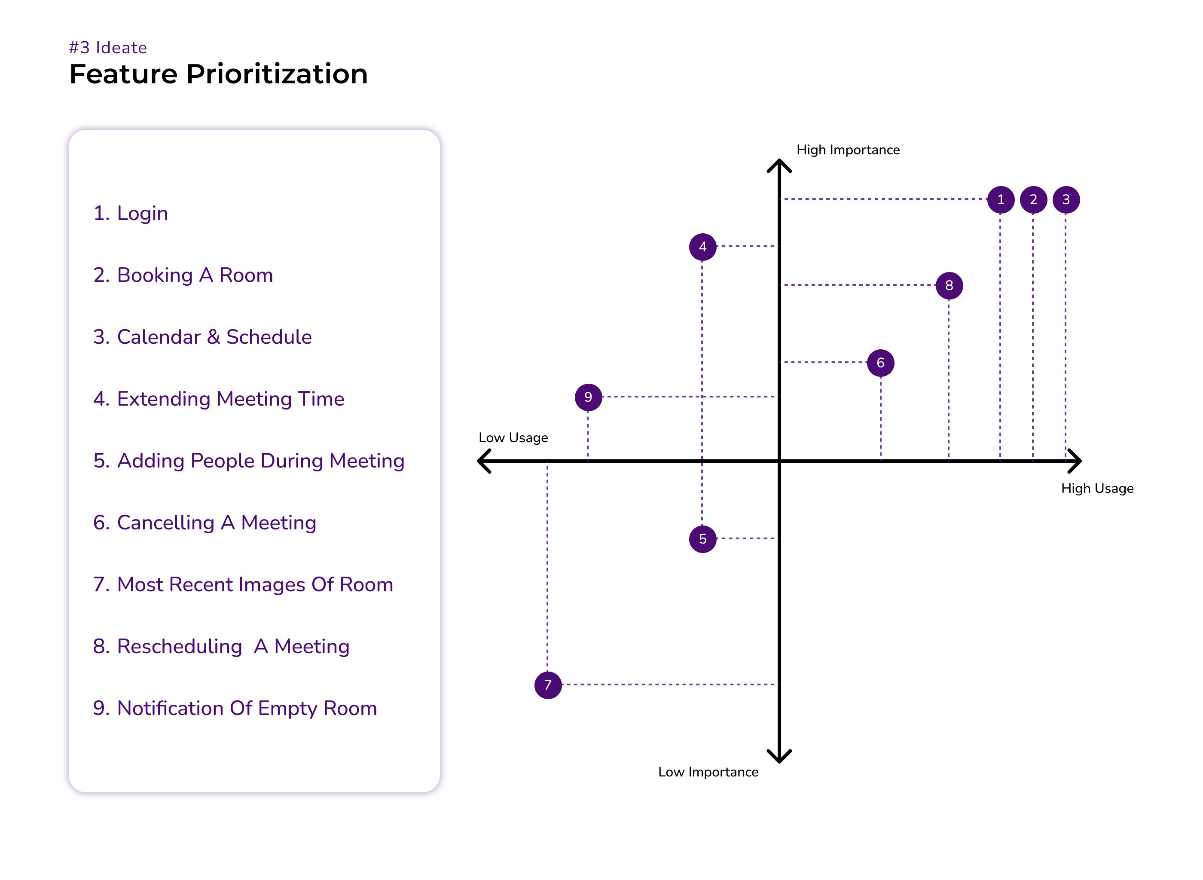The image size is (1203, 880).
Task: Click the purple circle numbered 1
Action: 1001,200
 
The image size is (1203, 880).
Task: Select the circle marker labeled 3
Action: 1066,200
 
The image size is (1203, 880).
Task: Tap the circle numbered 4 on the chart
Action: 702,247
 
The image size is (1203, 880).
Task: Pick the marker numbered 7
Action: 548,685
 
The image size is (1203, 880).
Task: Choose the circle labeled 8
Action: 949,285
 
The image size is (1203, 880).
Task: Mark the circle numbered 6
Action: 880,363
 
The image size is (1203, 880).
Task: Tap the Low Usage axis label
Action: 513,438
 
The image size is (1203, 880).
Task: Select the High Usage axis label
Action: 1097,489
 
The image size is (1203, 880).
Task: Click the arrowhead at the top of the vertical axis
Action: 779,160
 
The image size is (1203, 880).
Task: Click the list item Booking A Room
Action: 183,275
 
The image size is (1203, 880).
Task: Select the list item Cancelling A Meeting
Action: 205,523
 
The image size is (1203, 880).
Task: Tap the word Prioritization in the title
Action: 277,74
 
